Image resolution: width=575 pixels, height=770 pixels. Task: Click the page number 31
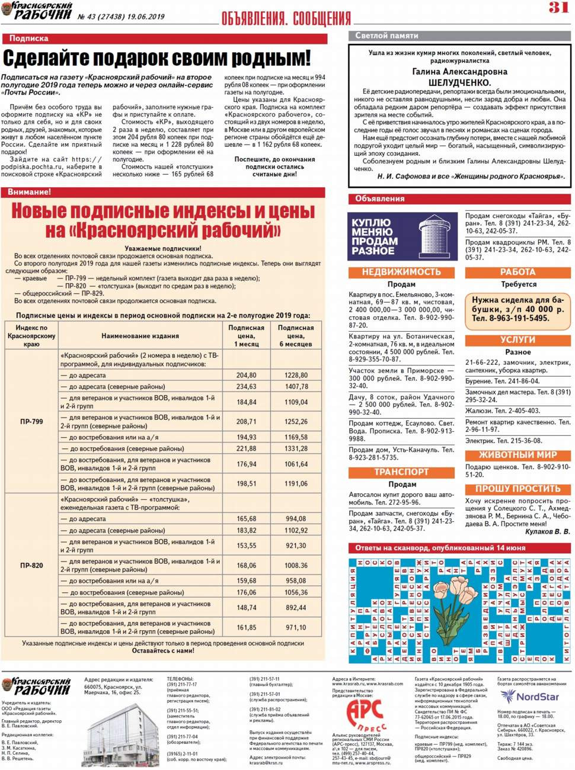[x=558, y=8]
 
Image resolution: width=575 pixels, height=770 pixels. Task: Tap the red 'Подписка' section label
[x=28, y=38]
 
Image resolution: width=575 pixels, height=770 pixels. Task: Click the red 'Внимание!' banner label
[x=29, y=192]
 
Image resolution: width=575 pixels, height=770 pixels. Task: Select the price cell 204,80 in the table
[x=246, y=375]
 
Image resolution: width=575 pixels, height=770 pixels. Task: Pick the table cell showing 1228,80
[x=296, y=375]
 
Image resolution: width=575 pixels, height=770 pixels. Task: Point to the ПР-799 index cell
[x=31, y=422]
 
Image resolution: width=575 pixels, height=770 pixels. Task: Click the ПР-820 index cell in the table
[x=31, y=565]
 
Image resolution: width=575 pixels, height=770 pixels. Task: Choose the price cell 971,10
[x=296, y=627]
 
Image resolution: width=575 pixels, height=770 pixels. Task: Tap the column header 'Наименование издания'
[x=140, y=336]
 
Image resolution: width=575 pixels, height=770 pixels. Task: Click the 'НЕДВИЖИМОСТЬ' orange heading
[x=401, y=272]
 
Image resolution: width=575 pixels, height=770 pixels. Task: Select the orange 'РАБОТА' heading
[x=517, y=272]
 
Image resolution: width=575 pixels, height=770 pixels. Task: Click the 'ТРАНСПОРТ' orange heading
[x=401, y=471]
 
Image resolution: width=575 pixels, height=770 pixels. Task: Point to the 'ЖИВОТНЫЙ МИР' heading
[x=517, y=455]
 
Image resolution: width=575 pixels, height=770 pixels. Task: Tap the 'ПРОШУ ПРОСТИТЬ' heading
[x=517, y=489]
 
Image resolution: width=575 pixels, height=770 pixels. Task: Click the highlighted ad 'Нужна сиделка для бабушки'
[x=517, y=309]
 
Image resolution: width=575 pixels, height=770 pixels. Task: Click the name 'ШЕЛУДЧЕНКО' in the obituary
[x=459, y=82]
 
